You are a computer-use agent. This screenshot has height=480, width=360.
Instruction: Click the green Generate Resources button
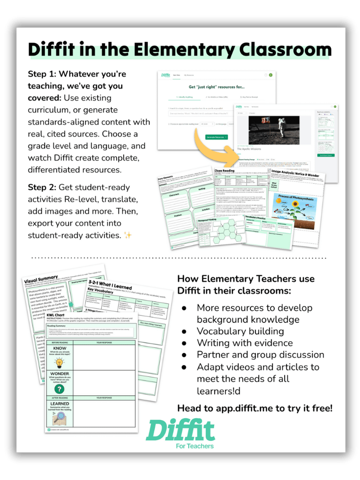pyautogui.click(x=216, y=137)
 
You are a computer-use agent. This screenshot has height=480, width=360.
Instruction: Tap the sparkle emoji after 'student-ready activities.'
pyautogui.click(x=128, y=235)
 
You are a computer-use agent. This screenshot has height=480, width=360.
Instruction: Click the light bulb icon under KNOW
pyautogui.click(x=60, y=362)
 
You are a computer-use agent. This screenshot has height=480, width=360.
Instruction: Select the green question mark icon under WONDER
pyautogui.click(x=60, y=389)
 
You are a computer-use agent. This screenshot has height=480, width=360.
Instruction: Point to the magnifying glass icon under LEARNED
pyautogui.click(x=60, y=419)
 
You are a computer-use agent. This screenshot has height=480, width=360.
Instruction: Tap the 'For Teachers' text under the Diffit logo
pyautogui.click(x=195, y=446)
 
